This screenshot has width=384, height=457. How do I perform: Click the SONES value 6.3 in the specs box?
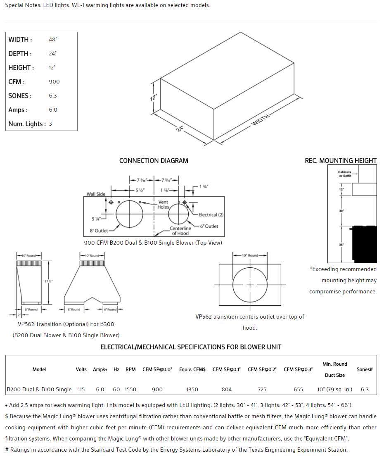point(53,96)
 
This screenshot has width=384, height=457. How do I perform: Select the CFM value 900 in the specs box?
point(54,82)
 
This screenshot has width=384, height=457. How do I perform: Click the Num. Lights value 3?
point(50,124)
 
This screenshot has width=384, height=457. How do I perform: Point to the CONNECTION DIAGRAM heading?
point(154,161)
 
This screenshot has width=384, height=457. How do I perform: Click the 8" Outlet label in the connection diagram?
point(99,231)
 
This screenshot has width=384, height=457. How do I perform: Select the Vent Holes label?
point(164,205)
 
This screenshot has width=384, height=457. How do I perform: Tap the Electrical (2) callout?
point(211,215)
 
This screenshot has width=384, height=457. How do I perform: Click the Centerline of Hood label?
point(180,231)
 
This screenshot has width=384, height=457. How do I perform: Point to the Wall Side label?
point(96,194)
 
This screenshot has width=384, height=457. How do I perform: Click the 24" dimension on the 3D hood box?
point(180,129)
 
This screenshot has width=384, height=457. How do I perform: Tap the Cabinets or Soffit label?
point(345,174)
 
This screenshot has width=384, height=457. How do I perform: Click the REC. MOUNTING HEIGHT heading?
point(341,161)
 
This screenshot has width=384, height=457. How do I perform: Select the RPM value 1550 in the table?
point(131,389)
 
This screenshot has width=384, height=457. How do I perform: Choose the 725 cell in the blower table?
point(262,389)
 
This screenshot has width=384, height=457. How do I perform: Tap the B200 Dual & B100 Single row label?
point(39,389)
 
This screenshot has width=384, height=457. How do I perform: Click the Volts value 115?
point(81,389)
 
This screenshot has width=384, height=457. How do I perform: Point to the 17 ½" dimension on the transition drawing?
point(49,281)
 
